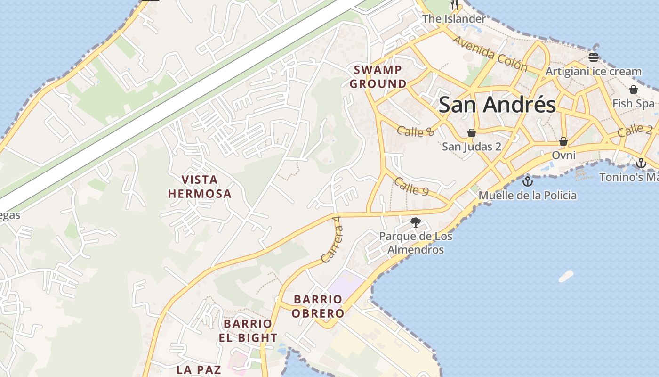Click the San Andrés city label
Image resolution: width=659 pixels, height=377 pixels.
coord(497,105)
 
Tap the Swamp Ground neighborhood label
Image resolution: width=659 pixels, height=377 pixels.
coord(378,77)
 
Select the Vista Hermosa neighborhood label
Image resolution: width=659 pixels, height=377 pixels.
coord(200,187)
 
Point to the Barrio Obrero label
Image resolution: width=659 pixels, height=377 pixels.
coord(318,306)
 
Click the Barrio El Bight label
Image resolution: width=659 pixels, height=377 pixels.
coord(248,331)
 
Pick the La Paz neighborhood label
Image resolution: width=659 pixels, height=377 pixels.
coord(199,369)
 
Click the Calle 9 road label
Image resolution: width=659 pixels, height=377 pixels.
coord(411,187)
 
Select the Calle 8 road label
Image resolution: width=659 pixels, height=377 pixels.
coord(415,131)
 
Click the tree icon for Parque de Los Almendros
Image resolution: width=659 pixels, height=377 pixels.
coord(415,222)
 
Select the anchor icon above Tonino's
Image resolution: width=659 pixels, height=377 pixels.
coord(641,164)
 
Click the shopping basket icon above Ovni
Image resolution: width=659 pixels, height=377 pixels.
coord(563,141)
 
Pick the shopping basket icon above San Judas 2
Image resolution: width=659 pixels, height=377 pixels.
coord(471,133)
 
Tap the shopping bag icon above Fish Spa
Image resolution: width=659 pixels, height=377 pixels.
coord(634,90)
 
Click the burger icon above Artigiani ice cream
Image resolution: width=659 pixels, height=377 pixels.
coord(594,58)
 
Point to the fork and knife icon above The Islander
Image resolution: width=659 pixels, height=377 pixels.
coord(454,5)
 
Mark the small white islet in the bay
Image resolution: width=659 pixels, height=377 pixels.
coord(566,276)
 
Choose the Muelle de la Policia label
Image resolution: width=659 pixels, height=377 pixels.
coord(528,195)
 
